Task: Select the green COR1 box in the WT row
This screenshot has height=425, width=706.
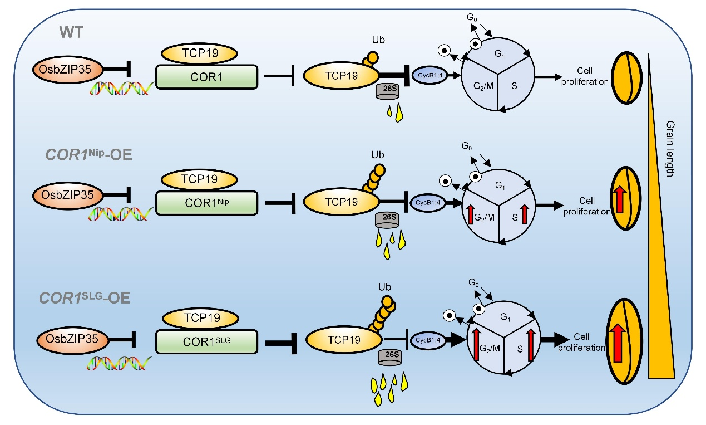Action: (207, 77)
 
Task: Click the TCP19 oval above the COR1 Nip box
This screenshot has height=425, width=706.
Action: (199, 179)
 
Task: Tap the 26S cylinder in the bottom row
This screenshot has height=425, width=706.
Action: (390, 356)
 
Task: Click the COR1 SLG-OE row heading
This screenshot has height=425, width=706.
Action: (85, 297)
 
